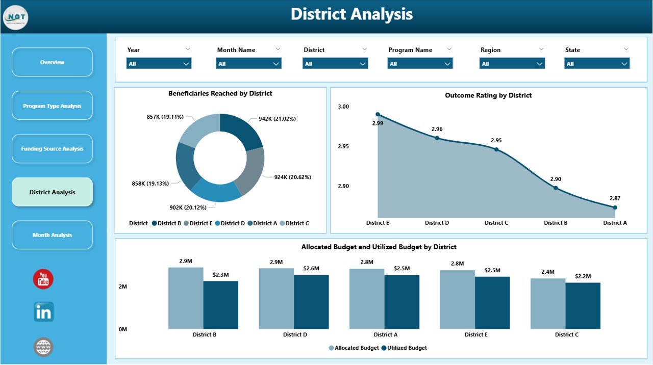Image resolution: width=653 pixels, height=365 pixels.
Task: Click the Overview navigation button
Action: click(x=52, y=62)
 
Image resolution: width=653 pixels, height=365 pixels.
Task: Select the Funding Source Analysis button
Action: click(x=52, y=149)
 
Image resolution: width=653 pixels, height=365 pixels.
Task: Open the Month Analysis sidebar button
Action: click(x=52, y=235)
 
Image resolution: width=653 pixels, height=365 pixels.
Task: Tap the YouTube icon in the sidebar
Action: click(x=43, y=279)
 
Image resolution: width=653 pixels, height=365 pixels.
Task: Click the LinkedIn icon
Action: click(x=43, y=312)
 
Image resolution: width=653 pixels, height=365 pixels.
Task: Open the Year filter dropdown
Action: click(x=159, y=64)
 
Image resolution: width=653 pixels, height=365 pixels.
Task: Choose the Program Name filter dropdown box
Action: click(x=420, y=64)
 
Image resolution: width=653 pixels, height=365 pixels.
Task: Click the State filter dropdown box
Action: click(x=597, y=64)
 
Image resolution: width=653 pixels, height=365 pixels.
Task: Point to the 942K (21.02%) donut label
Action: click(x=277, y=119)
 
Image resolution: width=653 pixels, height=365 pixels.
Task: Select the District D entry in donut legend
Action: click(x=230, y=223)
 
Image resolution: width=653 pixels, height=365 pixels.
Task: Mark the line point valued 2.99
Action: click(x=378, y=114)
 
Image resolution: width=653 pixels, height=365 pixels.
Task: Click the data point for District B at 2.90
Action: click(x=556, y=188)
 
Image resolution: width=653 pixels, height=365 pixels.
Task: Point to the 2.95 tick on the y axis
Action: click(x=343, y=146)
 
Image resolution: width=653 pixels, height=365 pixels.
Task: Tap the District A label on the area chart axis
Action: click(x=615, y=223)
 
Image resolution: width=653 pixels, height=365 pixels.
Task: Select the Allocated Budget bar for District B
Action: click(x=186, y=298)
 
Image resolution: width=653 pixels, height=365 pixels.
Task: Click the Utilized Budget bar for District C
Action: click(x=583, y=305)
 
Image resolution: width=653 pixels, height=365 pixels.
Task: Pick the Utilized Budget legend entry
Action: click(x=407, y=348)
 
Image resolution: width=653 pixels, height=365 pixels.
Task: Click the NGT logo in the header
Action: click(x=15, y=18)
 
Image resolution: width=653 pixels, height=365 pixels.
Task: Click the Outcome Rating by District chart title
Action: click(x=488, y=95)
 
